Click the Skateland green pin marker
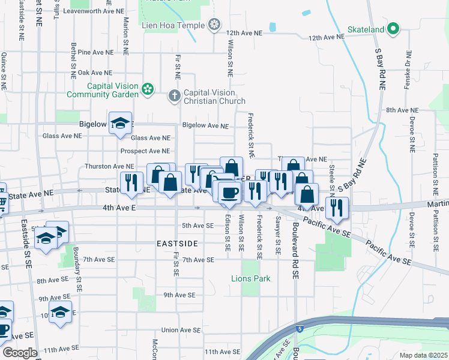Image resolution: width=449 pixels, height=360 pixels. click(x=393, y=28)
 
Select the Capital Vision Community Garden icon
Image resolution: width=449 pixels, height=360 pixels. click(x=148, y=90)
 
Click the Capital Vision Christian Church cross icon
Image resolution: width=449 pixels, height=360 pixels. click(x=174, y=95)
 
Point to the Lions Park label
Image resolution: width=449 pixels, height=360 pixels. click(x=251, y=278)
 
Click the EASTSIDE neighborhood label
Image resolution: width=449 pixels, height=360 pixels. click(x=177, y=244)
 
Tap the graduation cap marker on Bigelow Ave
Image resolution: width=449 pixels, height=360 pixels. click(x=121, y=123)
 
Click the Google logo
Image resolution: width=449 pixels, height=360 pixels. click(x=20, y=353)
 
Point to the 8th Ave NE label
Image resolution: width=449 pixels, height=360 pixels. click(x=402, y=110)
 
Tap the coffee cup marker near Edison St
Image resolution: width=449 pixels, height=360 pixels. click(x=228, y=193)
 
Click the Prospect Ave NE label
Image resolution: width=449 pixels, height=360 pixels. click(x=145, y=151)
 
